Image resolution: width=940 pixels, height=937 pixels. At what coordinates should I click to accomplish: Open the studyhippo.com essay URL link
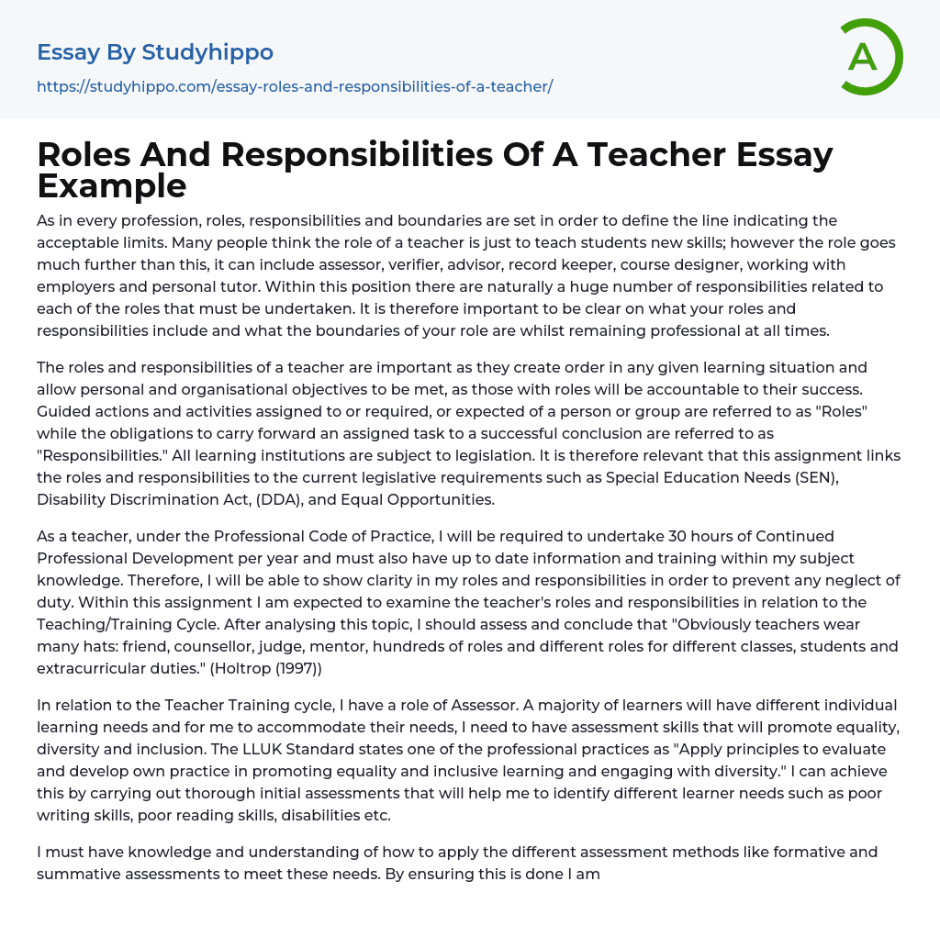coord(295,87)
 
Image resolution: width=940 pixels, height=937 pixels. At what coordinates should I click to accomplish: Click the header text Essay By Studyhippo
coord(155,52)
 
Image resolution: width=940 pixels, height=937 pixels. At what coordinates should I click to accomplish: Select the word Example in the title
coord(112,186)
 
